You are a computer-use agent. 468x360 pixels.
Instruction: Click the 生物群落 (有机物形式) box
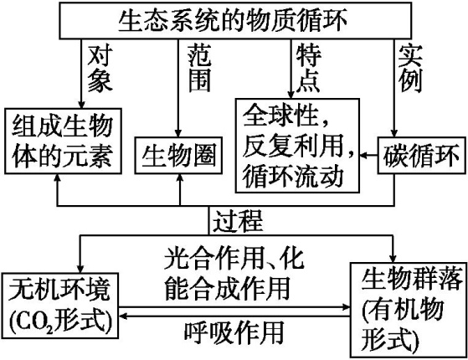404,307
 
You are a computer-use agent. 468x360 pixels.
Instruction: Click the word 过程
238,222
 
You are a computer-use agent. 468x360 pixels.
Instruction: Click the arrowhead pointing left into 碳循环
367,154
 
